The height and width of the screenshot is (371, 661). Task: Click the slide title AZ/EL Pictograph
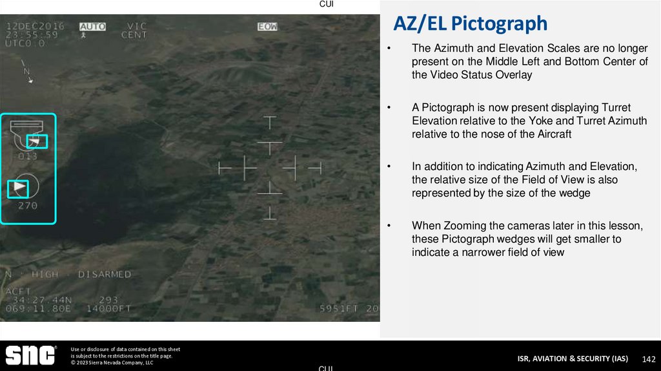(471, 24)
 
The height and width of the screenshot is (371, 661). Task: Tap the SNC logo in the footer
(30, 355)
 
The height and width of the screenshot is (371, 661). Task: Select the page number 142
(649, 359)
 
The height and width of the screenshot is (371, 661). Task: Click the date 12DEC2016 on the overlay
(36, 26)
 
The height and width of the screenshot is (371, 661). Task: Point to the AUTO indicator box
(92, 26)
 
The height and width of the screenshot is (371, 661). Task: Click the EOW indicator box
(267, 26)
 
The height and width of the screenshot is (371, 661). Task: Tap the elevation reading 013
(28, 156)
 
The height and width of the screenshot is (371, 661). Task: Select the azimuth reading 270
(28, 206)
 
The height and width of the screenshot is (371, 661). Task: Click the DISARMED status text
(104, 274)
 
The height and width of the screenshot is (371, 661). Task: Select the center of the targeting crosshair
(270, 167)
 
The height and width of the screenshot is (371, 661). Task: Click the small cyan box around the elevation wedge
(37, 141)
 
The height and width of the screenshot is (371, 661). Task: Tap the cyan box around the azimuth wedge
(18, 188)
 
